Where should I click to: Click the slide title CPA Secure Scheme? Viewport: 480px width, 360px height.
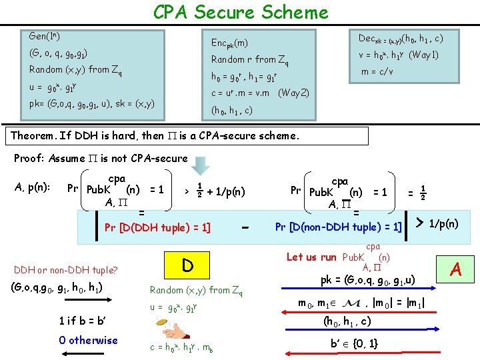click(x=240, y=12)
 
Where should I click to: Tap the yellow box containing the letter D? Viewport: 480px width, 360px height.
click(x=187, y=265)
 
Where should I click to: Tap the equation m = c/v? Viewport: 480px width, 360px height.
click(x=377, y=71)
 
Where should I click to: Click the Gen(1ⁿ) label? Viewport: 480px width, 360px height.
click(x=45, y=35)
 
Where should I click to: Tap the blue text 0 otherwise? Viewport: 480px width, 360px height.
click(x=88, y=340)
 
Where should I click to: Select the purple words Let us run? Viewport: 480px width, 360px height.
click(x=311, y=257)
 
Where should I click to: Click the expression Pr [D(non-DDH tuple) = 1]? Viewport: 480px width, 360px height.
click(x=338, y=227)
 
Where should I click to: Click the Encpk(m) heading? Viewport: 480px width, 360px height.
click(x=229, y=43)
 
